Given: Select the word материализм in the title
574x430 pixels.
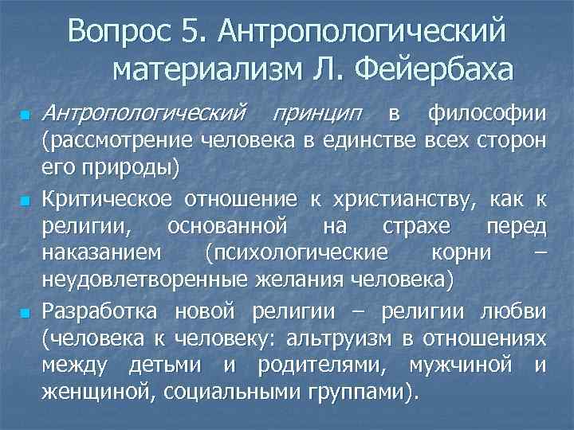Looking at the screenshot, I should [x=199, y=72].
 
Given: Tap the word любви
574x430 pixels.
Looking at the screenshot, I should [x=520, y=309].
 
